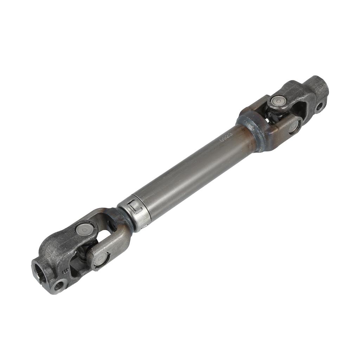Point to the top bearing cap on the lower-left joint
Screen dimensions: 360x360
[84, 229]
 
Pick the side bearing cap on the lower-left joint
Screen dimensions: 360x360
[100, 259]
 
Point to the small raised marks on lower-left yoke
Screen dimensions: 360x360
[65, 271]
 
